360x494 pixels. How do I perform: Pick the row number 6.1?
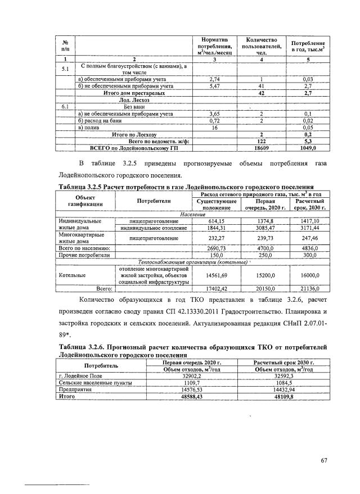[65, 106]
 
